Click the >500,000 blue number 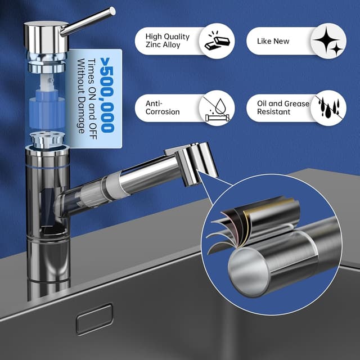107,95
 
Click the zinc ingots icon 217,41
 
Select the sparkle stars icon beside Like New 328,41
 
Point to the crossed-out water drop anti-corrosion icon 217,108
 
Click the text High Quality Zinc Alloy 168,40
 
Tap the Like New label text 273,41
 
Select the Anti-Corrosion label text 163,107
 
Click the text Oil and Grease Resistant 283,107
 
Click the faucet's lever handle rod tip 112,11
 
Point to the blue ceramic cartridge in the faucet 47,112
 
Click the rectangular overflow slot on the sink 94,319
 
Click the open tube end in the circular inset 249,272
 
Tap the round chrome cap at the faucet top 46,37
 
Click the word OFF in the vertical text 92,129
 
